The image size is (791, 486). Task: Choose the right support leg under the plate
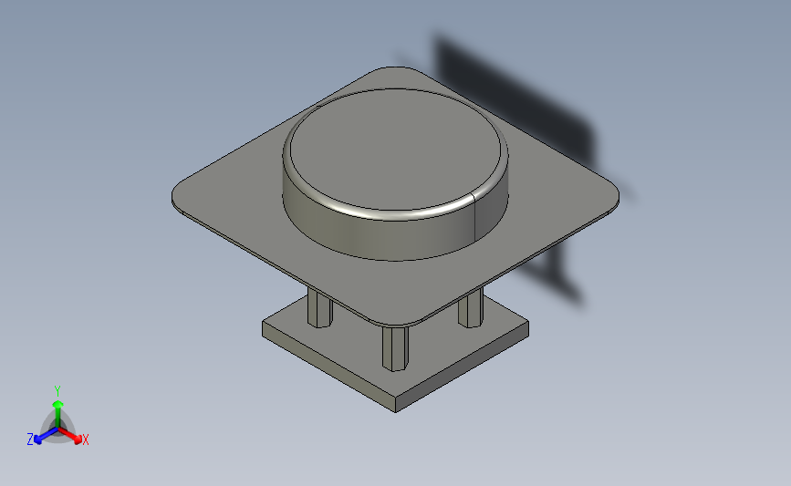click(x=470, y=309)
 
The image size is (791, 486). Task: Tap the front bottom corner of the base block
click(x=396, y=409)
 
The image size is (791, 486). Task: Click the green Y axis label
click(x=57, y=389)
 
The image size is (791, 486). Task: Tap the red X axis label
click(x=85, y=440)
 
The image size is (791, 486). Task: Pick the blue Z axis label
click(x=30, y=439)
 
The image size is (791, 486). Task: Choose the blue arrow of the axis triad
click(x=41, y=435)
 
